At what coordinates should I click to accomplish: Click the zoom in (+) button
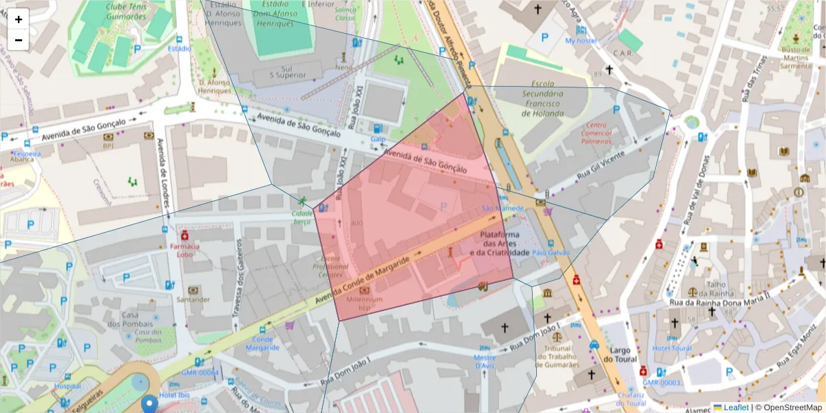point(19,19)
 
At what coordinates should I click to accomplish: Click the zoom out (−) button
point(19,40)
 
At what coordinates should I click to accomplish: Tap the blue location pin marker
point(149,404)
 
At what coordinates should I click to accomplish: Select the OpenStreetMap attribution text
point(788,407)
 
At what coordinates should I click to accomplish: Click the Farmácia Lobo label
point(184,250)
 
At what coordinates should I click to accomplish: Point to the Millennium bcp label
point(364,304)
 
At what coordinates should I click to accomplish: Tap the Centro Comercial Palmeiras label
point(596,133)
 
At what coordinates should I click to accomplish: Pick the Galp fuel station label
point(377,139)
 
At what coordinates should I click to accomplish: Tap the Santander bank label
point(193,299)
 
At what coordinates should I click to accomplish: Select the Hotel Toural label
point(672,348)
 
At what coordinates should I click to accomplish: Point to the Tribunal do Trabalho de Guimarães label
point(557,356)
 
